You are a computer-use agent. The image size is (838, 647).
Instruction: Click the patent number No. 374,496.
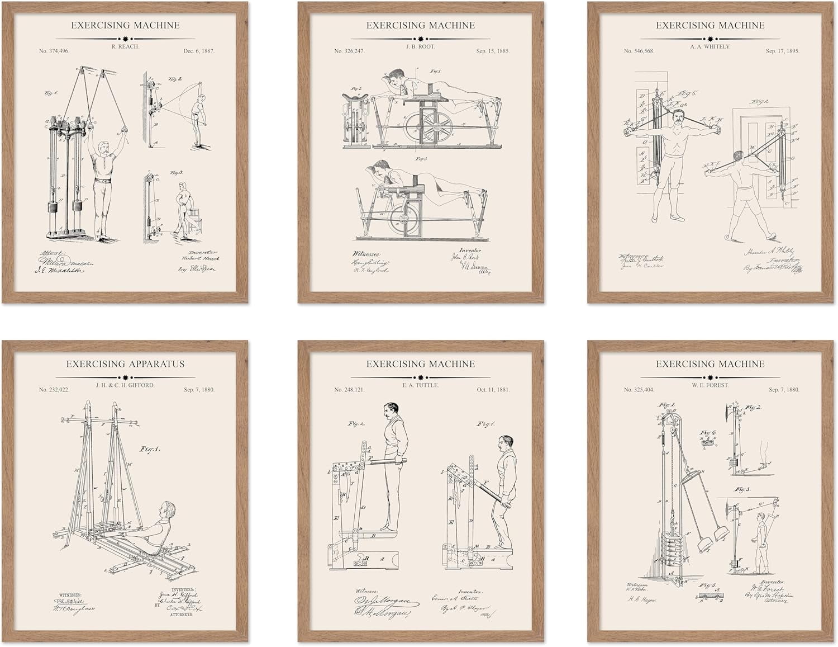(x=54, y=51)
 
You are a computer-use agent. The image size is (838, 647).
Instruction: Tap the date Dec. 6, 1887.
(x=198, y=51)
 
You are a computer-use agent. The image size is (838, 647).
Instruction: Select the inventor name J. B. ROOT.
(x=420, y=46)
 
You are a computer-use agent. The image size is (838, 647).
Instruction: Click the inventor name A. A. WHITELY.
(x=710, y=46)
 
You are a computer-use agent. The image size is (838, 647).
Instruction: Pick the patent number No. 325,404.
(x=639, y=389)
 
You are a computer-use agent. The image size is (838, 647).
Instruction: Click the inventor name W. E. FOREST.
(x=710, y=385)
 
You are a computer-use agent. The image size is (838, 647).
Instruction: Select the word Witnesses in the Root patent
(x=367, y=253)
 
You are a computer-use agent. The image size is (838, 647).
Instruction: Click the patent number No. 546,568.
(x=639, y=51)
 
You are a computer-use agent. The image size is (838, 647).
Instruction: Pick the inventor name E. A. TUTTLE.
(x=420, y=385)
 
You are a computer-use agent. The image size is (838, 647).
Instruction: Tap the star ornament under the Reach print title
(x=125, y=39)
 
